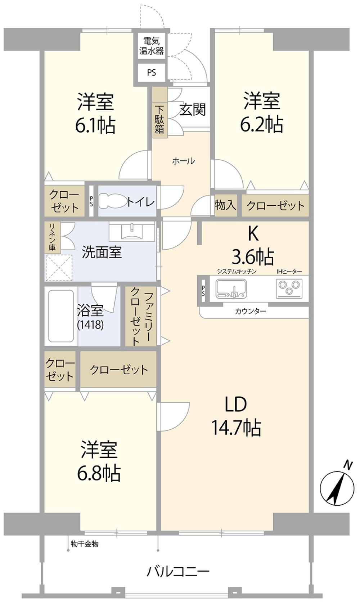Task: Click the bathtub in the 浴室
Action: [x=61, y=316]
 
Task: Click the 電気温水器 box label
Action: [x=152, y=46]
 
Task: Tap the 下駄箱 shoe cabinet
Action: [x=159, y=119]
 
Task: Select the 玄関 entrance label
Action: [x=193, y=110]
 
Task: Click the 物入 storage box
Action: [x=225, y=205]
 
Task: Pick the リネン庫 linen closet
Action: [x=52, y=237]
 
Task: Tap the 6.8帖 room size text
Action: [x=99, y=473]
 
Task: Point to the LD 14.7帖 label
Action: [x=236, y=416]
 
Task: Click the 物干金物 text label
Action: [x=85, y=544]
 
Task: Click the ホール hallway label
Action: [x=183, y=161]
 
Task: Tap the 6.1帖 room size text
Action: [x=95, y=126]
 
